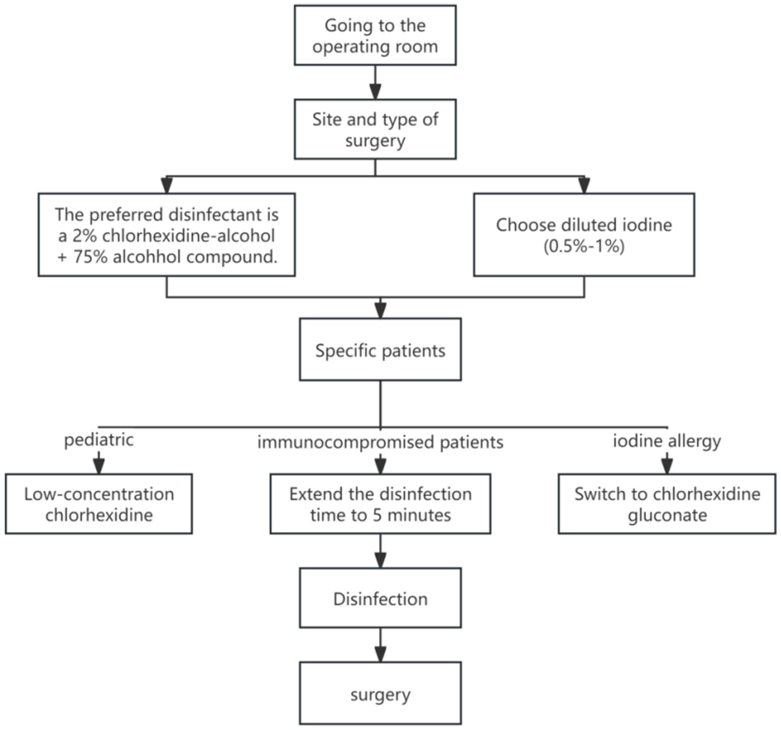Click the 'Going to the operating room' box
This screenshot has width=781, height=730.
pyautogui.click(x=375, y=35)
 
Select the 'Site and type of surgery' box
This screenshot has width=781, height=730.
pyautogui.click(x=375, y=129)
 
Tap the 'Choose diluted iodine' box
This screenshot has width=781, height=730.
pyautogui.click(x=584, y=235)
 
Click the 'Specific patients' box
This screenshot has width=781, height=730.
pyautogui.click(x=380, y=350)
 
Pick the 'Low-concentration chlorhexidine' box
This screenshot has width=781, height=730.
pyautogui.click(x=99, y=504)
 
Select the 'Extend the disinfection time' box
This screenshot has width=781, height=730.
pyautogui.click(x=380, y=504)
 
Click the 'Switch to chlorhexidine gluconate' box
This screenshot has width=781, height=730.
pyautogui.click(x=667, y=504)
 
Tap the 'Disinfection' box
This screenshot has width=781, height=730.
pyautogui.click(x=380, y=598)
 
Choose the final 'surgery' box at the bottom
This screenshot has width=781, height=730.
pyautogui.click(x=380, y=694)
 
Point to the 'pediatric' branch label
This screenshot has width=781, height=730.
pyautogui.click(x=99, y=440)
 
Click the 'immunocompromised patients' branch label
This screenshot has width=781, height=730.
pyautogui.click(x=380, y=442)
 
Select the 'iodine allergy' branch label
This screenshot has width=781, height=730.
pyautogui.click(x=667, y=441)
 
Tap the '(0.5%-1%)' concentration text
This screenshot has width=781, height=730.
pyautogui.click(x=584, y=246)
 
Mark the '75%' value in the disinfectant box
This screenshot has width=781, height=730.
pyautogui.click(x=90, y=257)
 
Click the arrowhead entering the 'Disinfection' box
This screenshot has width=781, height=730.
pyautogui.click(x=380, y=561)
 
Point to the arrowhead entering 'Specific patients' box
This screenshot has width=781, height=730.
pyautogui.click(x=380, y=311)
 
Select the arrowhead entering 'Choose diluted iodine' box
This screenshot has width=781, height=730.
pyautogui.click(x=584, y=186)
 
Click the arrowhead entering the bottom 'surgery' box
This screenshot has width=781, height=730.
pyautogui.click(x=380, y=655)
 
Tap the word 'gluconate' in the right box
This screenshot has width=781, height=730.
pyautogui.click(x=667, y=515)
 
